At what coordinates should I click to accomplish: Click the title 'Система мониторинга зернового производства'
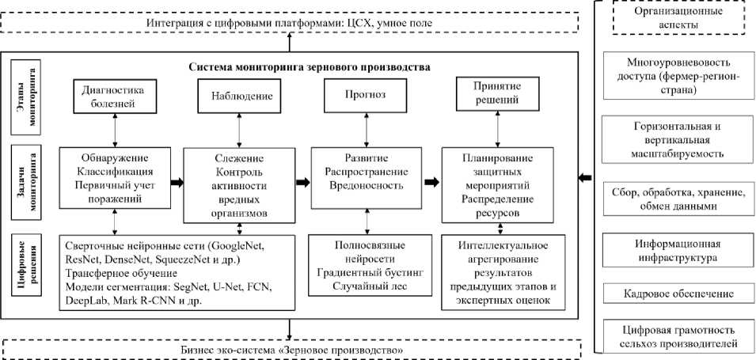point(310,67)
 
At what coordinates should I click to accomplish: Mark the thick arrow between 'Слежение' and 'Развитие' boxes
point(302,182)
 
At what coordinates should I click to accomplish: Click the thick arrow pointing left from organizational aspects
point(587,179)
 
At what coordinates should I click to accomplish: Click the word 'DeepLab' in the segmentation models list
point(83,301)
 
